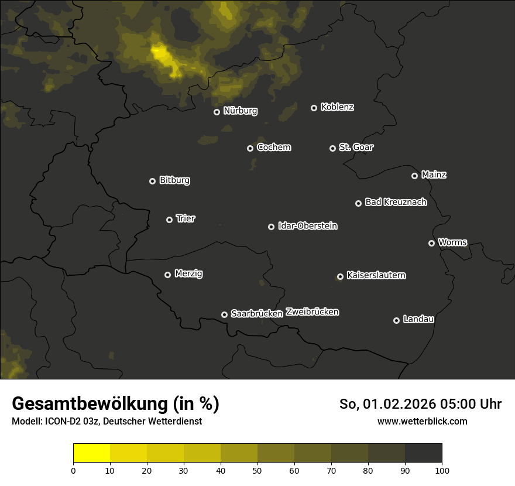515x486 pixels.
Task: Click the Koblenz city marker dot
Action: (314, 108)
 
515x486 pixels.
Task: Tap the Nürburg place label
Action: (240, 111)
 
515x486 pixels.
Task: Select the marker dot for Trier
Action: (169, 220)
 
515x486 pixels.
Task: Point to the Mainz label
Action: (434, 174)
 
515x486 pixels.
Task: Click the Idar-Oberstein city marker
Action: (271, 227)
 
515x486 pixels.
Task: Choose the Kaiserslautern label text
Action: (376, 275)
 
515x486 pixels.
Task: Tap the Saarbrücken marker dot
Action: (224, 314)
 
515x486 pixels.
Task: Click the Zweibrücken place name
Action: (312, 312)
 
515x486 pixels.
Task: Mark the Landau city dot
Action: (396, 320)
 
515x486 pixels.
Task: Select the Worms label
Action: (452, 242)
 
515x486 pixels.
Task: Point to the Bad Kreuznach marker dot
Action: (358, 203)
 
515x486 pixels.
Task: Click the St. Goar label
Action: (356, 147)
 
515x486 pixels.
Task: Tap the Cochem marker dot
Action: (250, 148)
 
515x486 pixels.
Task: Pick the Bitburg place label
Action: (174, 180)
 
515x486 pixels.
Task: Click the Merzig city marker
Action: (167, 275)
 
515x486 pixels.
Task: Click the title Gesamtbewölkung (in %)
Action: (115, 403)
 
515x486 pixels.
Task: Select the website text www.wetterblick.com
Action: (422, 421)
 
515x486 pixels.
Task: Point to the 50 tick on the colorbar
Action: (257, 470)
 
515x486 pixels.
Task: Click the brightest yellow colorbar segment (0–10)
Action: (92, 453)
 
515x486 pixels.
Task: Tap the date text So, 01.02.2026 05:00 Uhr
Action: (420, 404)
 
